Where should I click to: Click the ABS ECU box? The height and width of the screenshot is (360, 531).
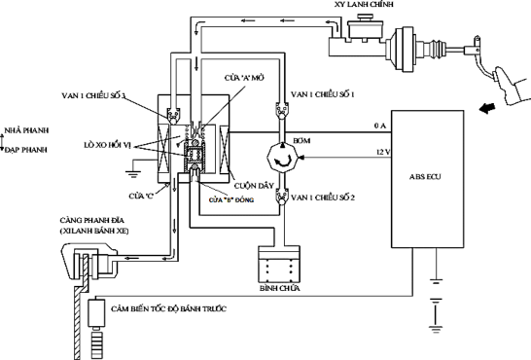pos(433,176)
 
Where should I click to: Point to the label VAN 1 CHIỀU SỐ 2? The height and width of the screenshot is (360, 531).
pos(327,198)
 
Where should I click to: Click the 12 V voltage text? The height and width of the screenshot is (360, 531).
pos(381,151)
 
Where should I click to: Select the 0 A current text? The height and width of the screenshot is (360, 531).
pos(380,126)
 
